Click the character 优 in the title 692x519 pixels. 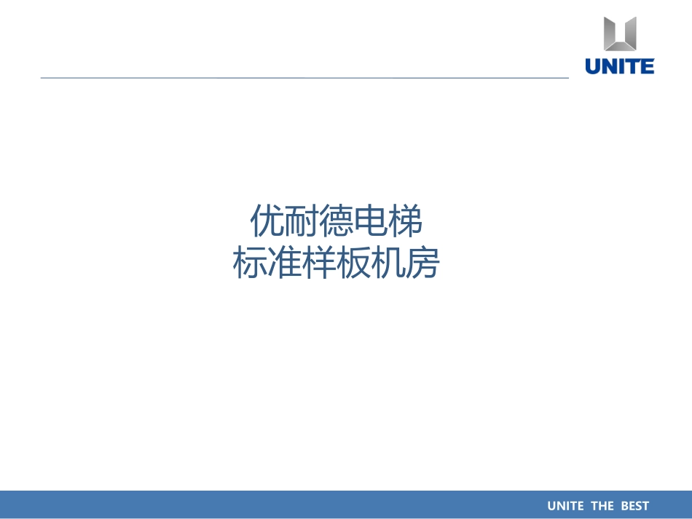[267, 221]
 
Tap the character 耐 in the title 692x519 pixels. [302, 221]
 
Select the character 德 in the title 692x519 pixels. [337, 221]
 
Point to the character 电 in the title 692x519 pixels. [371, 221]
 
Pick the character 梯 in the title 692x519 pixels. [406, 221]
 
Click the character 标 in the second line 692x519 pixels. [249, 264]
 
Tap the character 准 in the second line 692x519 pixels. [284, 264]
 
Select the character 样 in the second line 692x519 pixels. [319, 264]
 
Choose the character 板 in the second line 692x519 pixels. [354, 264]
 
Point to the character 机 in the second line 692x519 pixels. [389, 264]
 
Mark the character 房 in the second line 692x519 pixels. [423, 264]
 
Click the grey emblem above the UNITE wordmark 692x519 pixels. [620, 33]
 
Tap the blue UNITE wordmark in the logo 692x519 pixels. [620, 66]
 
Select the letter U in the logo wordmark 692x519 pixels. [593, 66]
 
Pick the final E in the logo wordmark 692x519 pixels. [647, 66]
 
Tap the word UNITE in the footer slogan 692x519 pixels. [565, 506]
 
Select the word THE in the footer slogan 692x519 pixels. [603, 506]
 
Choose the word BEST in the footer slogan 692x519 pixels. [635, 506]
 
